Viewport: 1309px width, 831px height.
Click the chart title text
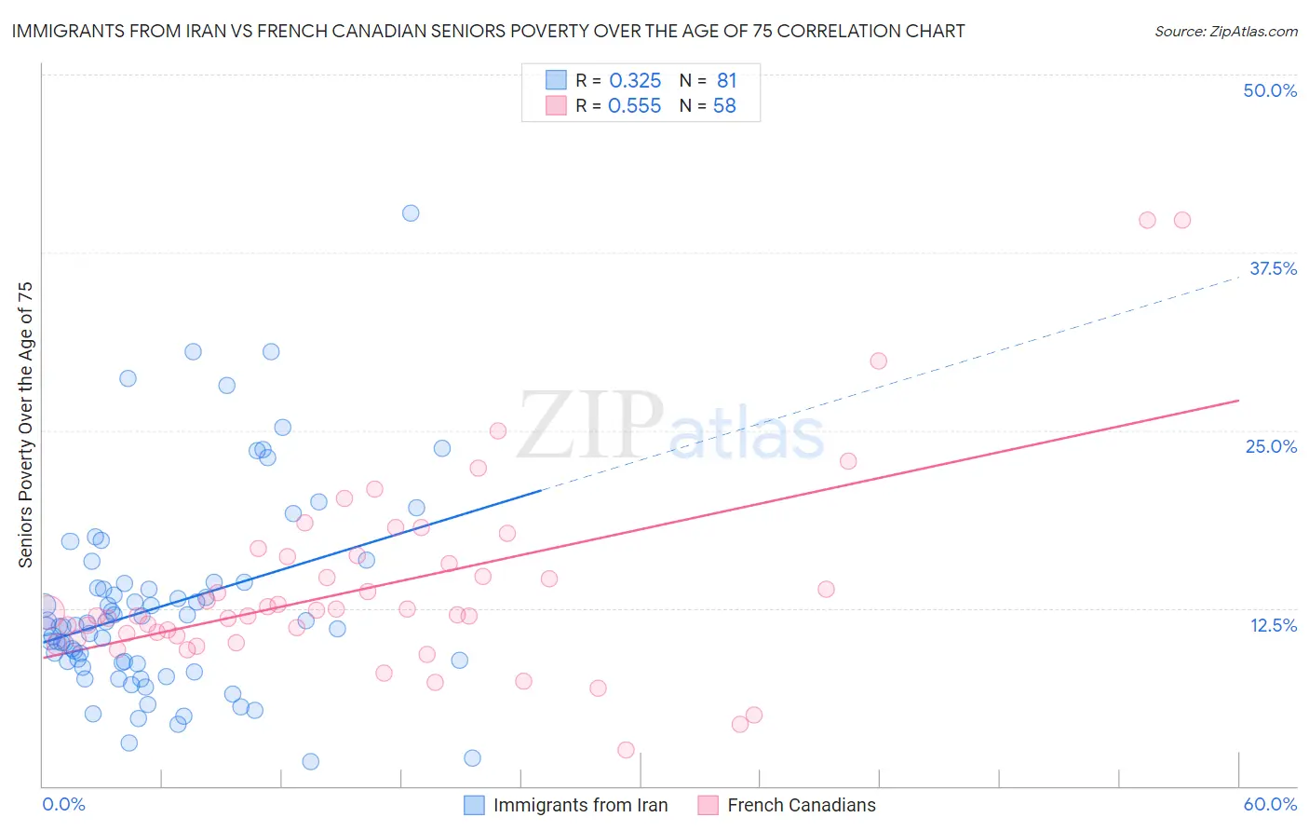488,31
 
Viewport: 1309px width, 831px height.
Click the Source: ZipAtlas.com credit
1225,31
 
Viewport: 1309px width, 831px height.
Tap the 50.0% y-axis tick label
1270,90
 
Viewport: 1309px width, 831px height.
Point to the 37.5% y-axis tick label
1273,268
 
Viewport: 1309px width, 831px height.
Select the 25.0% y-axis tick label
1271,446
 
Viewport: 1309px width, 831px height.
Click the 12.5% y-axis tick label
1273,625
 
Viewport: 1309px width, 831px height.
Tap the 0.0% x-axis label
63,804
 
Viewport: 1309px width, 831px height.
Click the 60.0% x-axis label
1270,804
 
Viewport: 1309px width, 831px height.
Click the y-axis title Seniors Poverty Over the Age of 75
25,425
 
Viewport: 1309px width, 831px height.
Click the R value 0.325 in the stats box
635,81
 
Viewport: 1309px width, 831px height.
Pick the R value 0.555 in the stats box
634,106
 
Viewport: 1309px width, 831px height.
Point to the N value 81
726,81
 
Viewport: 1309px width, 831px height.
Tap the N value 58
724,106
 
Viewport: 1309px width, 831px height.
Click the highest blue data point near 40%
411,213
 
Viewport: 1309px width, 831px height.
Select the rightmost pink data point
1182,220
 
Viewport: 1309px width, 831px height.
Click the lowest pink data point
626,750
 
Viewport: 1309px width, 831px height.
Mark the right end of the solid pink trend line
1238,401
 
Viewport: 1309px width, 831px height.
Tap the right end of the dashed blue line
1238,277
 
